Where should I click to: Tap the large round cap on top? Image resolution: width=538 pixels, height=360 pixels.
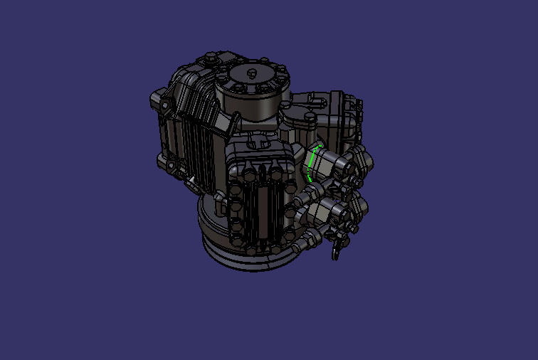click(x=254, y=89)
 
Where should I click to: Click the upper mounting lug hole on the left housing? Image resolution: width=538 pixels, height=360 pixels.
click(x=165, y=107)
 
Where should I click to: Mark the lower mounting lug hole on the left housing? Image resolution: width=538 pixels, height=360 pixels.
click(x=171, y=166)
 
